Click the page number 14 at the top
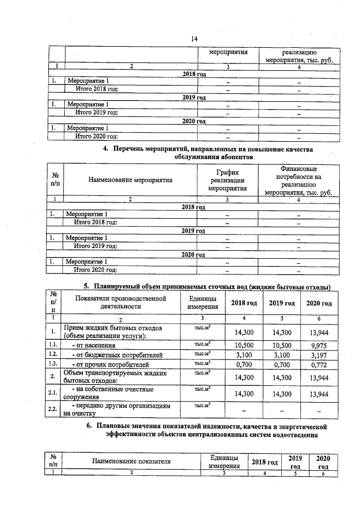tap(194, 38)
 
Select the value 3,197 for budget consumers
tap(318, 355)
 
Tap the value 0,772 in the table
tap(318, 366)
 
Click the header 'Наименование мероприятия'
tap(130, 181)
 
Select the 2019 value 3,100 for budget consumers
tap(282, 355)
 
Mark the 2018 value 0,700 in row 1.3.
tap(244, 366)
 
